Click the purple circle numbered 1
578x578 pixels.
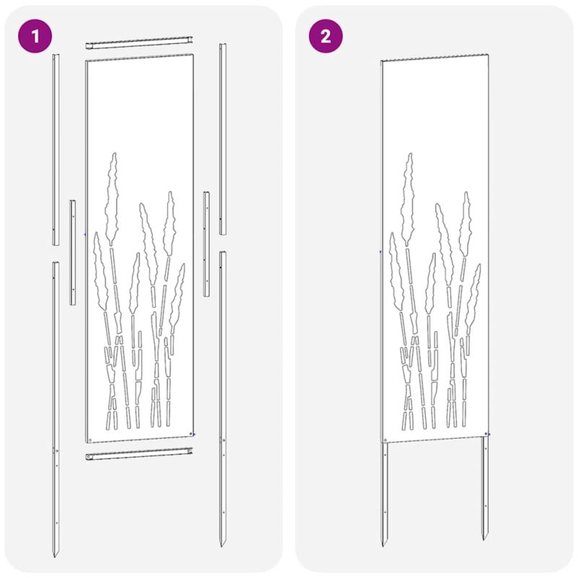pyautogui.click(x=35, y=36)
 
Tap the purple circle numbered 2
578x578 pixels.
pyautogui.click(x=326, y=36)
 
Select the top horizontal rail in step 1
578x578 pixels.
pyautogui.click(x=139, y=42)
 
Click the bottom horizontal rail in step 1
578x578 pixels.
pyautogui.click(x=139, y=454)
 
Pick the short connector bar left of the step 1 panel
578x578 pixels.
pyautogui.click(x=73, y=252)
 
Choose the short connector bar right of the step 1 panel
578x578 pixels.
pyautogui.click(x=207, y=243)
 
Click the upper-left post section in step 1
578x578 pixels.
pyautogui.click(x=56, y=150)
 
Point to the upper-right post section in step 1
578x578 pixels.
pyautogui.click(x=223, y=139)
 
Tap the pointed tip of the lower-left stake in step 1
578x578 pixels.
pyautogui.click(x=55, y=556)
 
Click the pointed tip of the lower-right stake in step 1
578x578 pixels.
pyautogui.click(x=222, y=545)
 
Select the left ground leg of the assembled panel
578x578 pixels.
pyautogui.click(x=384, y=494)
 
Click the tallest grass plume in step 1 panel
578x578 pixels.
pyautogui.click(x=112, y=199)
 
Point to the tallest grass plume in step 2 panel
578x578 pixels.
pyautogui.click(x=408, y=199)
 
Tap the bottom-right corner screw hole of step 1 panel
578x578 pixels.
pyautogui.click(x=191, y=434)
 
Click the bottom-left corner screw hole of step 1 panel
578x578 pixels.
pyautogui.click(x=90, y=440)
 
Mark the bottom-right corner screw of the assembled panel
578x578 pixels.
pyautogui.click(x=486, y=434)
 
